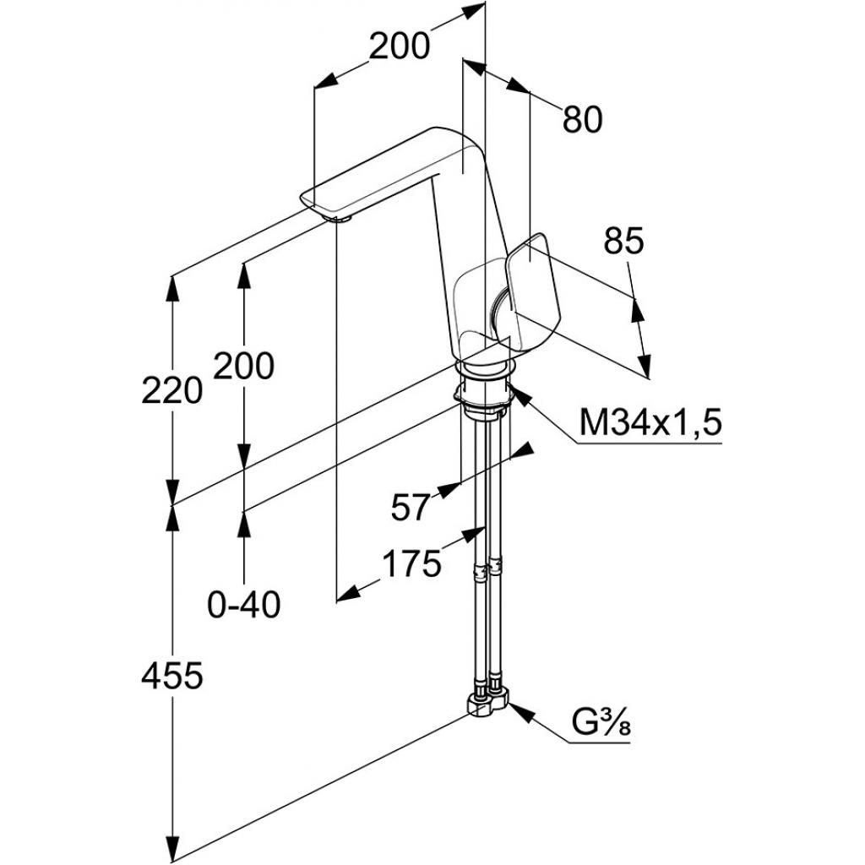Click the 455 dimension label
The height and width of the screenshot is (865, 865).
pyautogui.click(x=172, y=676)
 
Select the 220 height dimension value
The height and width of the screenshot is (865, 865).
pyautogui.click(x=172, y=390)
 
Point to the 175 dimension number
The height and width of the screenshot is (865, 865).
pyautogui.click(x=411, y=563)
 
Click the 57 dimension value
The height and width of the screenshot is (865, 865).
pyautogui.click(x=411, y=507)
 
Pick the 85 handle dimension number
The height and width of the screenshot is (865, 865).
pyautogui.click(x=623, y=242)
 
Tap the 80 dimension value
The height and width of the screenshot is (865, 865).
pyautogui.click(x=582, y=120)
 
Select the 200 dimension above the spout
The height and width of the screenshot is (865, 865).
pyautogui.click(x=399, y=46)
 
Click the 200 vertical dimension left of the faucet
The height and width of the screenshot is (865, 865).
pyautogui.click(x=243, y=366)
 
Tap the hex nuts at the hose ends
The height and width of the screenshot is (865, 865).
pyautogui.click(x=487, y=704)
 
